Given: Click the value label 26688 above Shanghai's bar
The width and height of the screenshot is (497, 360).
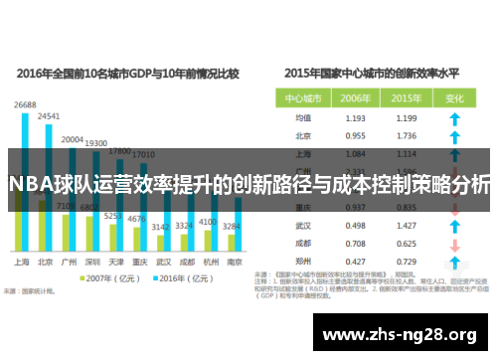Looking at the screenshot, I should tap(25, 104).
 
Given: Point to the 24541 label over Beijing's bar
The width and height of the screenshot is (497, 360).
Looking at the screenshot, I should tap(48, 116).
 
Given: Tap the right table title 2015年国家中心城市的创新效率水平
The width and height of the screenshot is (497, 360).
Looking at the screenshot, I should tap(374, 73).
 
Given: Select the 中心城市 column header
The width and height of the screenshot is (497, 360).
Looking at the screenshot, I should tap(303, 98).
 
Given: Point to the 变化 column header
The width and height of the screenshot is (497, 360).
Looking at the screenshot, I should tap(454, 98).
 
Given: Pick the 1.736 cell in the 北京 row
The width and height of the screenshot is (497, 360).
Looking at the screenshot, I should tap(405, 135).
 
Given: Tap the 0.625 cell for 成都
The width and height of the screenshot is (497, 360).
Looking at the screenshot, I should tap(405, 244).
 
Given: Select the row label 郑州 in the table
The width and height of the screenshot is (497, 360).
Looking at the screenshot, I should tap(304, 262).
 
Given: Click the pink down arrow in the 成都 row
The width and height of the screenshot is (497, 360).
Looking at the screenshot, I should tap(454, 244).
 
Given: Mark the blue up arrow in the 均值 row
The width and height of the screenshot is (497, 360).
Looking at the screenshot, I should tap(454, 117).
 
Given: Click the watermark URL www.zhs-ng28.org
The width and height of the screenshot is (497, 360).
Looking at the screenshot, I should tap(407, 334).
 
